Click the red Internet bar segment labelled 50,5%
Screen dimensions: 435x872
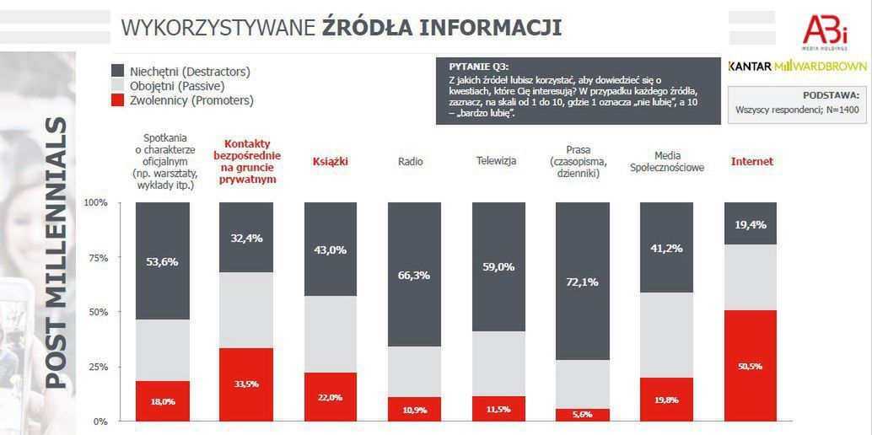click(x=750, y=366)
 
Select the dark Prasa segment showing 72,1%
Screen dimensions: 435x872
click(x=582, y=281)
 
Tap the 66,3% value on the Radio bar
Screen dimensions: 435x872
click(x=414, y=275)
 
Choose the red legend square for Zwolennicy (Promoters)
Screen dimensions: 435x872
click(x=119, y=101)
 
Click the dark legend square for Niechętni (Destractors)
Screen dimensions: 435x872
click(x=119, y=71)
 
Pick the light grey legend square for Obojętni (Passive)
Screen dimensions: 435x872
click(x=119, y=86)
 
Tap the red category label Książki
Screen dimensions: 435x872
click(x=330, y=161)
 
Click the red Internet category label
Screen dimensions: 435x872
click(x=751, y=161)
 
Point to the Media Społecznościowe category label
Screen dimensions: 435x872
click(x=666, y=161)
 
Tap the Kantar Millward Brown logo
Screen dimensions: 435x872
click(x=797, y=66)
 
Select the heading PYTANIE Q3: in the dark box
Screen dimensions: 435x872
click(x=479, y=67)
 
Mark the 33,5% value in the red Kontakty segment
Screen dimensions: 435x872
click(x=246, y=384)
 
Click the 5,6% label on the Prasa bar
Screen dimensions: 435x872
click(x=582, y=414)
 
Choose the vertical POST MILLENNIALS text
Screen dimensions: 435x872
click(x=56, y=253)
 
